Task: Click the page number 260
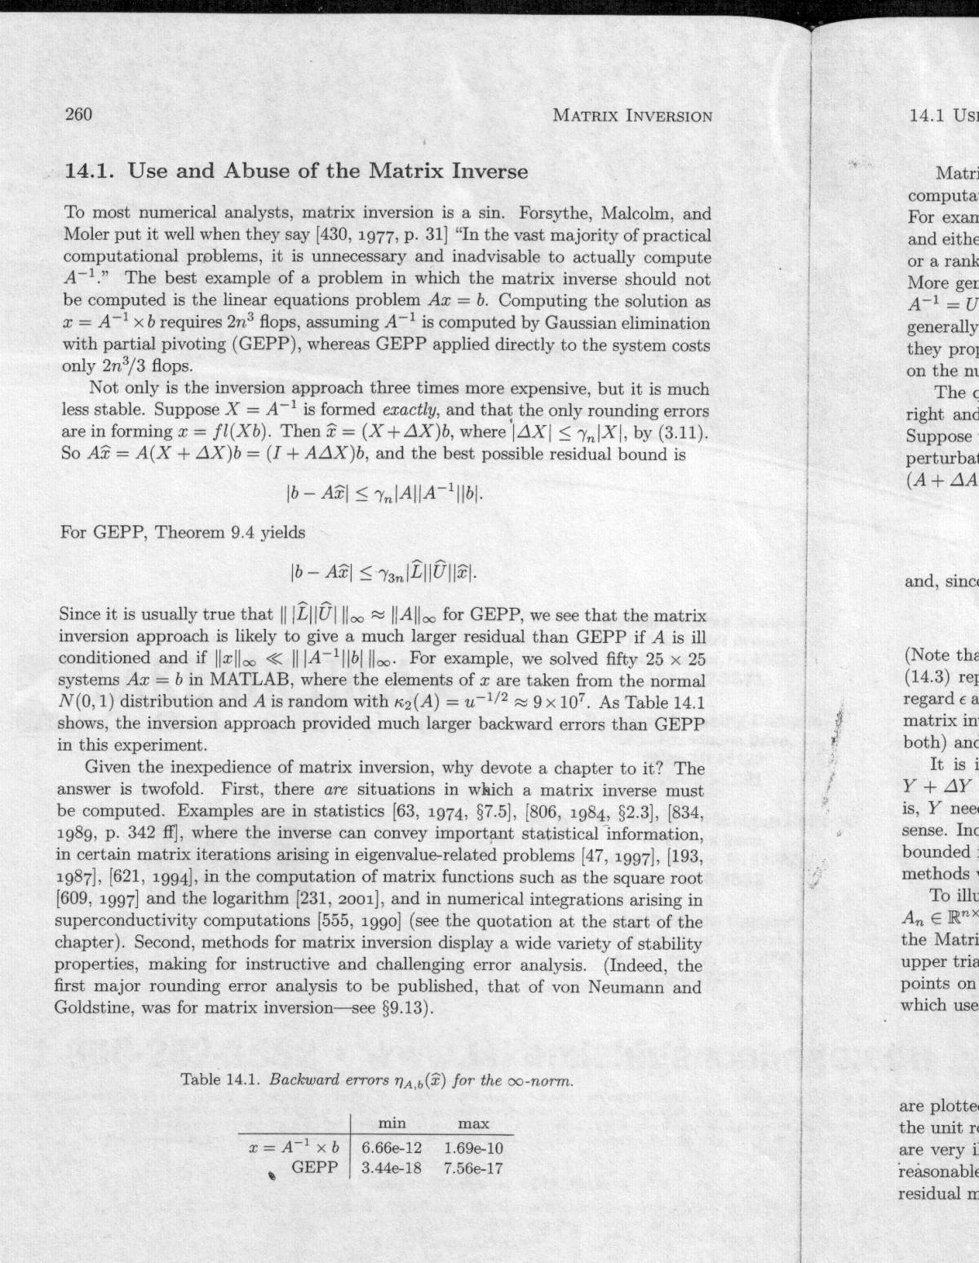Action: [78, 114]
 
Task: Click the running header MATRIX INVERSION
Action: [632, 115]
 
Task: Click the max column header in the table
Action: [473, 1123]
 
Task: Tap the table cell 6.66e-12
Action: [391, 1147]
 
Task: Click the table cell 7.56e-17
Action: [473, 1168]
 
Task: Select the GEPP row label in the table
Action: [314, 1168]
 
